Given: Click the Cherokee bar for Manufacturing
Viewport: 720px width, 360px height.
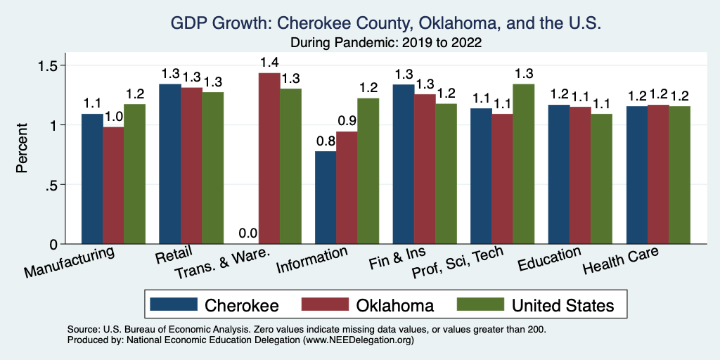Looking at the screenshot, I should click(x=92, y=179).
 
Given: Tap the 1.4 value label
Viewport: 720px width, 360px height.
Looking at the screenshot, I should click(x=269, y=62).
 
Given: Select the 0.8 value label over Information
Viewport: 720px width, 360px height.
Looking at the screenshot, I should click(x=326, y=141).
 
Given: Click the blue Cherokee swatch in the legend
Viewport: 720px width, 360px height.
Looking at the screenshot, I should click(x=174, y=304).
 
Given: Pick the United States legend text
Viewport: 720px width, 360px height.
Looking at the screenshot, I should click(x=562, y=305).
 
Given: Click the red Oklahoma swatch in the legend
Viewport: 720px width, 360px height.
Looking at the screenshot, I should click(x=326, y=304).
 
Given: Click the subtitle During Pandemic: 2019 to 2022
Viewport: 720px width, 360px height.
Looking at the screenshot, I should click(x=385, y=43).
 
